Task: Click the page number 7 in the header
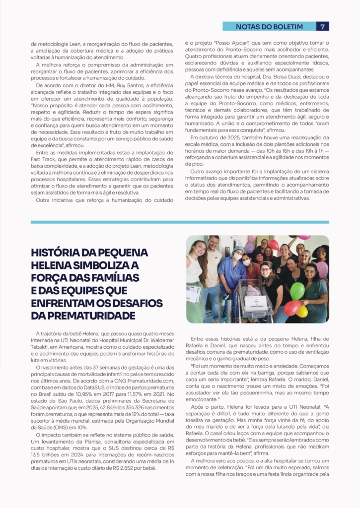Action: (x=323, y=26)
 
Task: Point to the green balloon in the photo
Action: (x=297, y=291)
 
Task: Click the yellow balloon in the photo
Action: (x=302, y=312)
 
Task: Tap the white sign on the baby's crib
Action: (x=256, y=303)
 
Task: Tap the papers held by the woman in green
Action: (x=193, y=294)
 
